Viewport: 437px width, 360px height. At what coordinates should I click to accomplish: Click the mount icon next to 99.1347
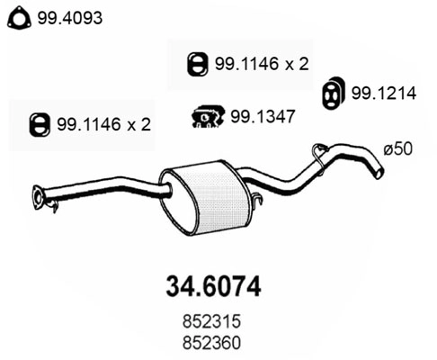pyautogui.click(x=208, y=115)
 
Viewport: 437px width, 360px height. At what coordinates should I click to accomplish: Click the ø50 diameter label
pyautogui.click(x=397, y=150)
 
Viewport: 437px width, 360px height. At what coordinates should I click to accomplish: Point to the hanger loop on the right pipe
pyautogui.click(x=318, y=156)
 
